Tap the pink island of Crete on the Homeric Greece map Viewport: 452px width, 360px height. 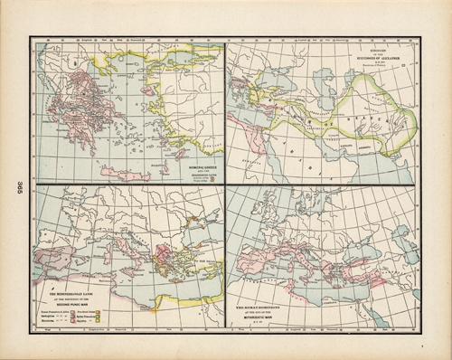pyautogui.click(x=121, y=172)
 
